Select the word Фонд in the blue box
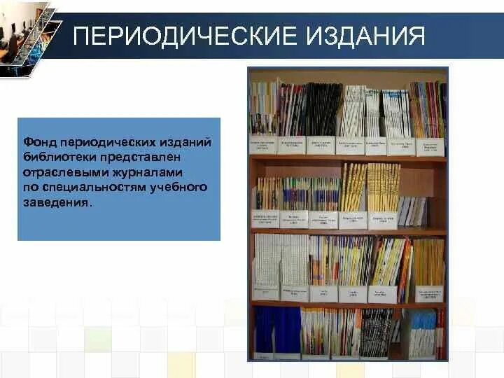click(x=38, y=143)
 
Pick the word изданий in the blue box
click(x=183, y=143)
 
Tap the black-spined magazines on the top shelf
click(x=323, y=108)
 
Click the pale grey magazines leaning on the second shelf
click(x=413, y=210)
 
